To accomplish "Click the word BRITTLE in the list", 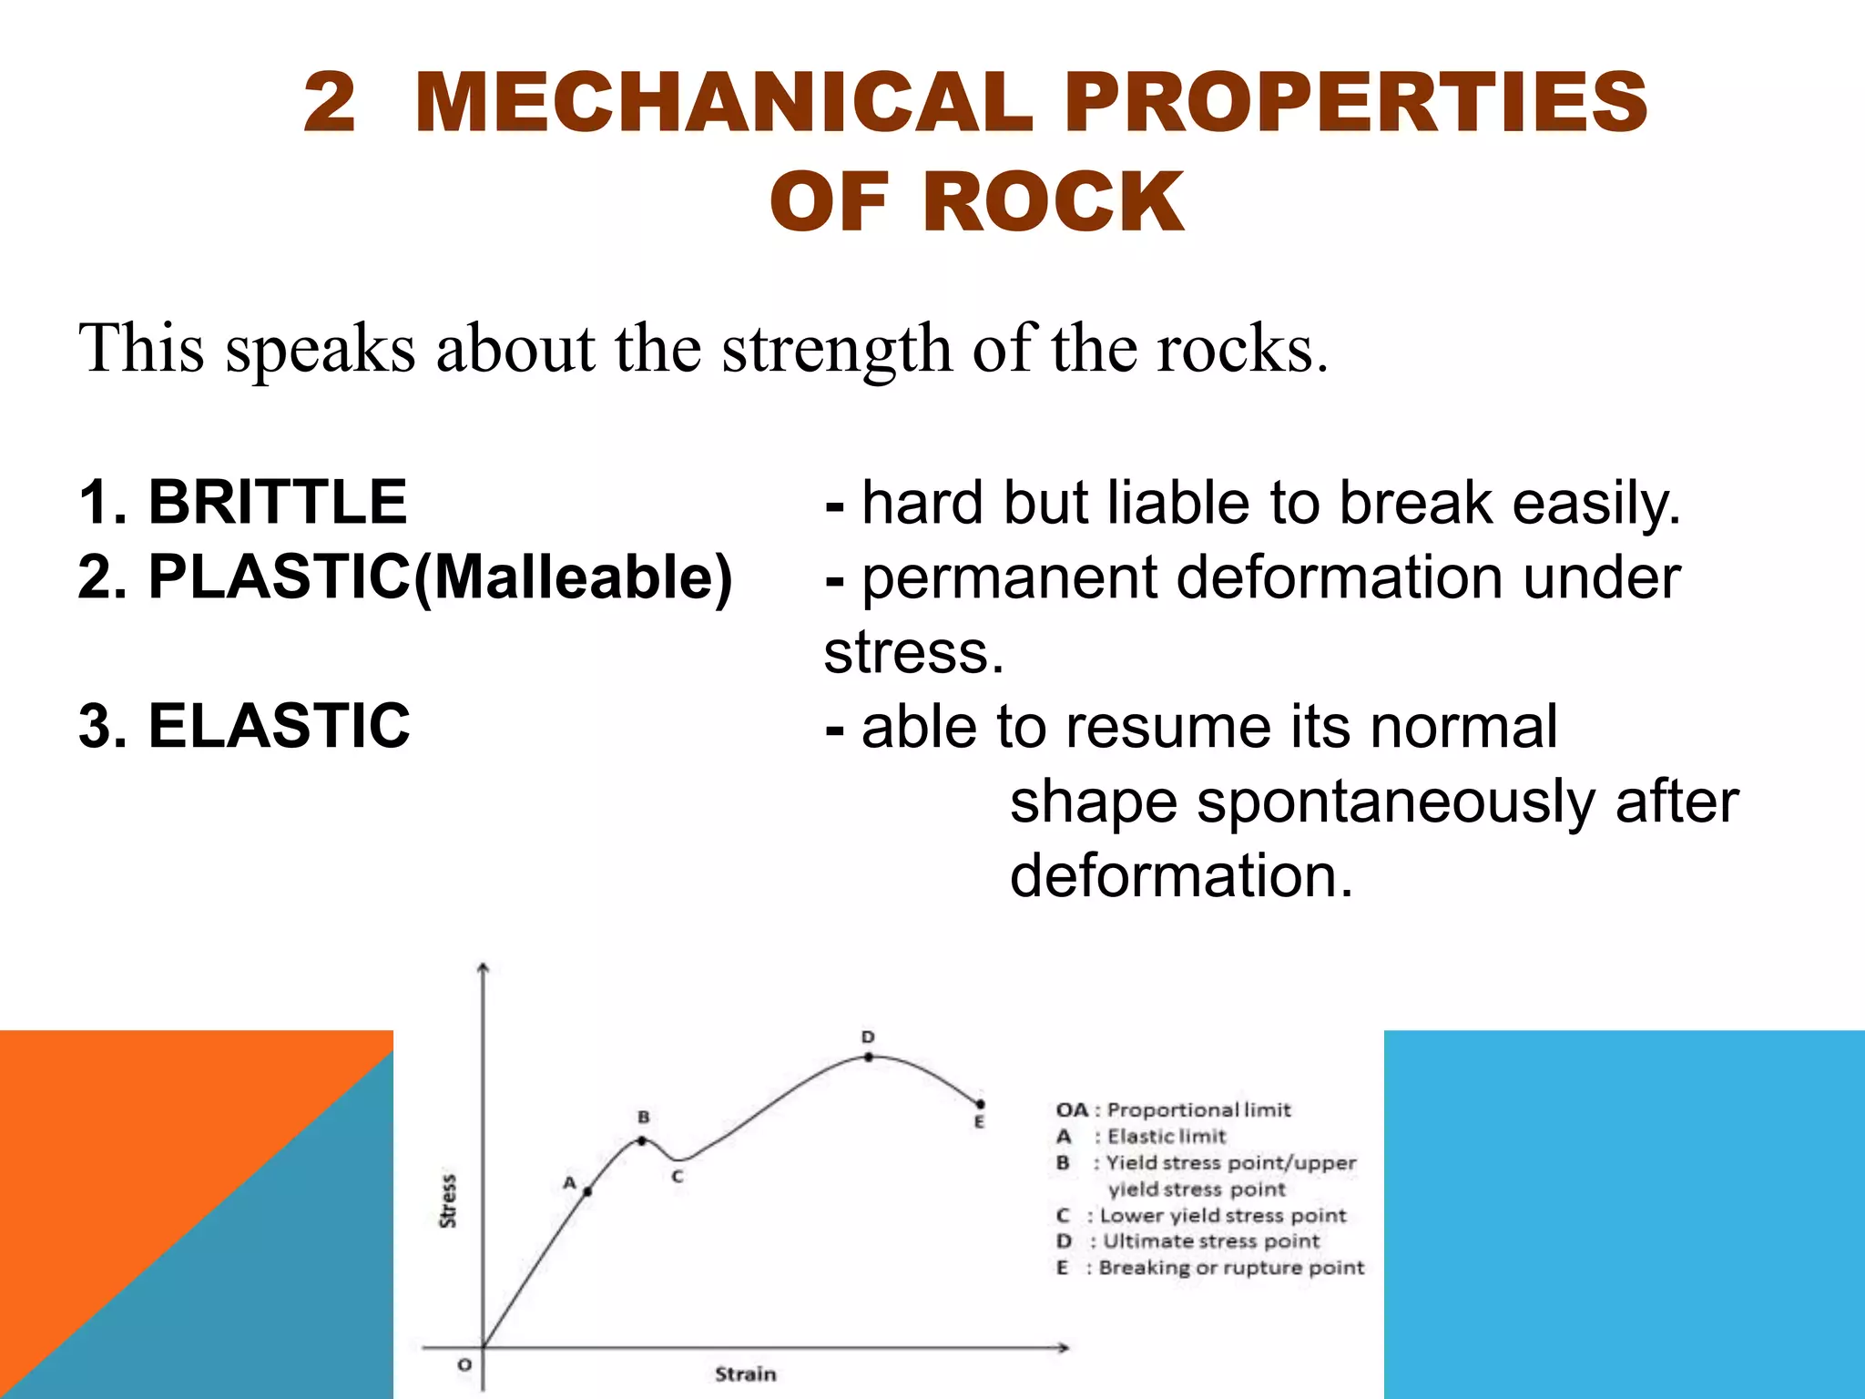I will click(277, 502).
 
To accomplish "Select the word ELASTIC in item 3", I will click(279, 726).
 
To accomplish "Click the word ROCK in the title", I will click(1054, 202).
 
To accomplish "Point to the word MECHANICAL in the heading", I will click(724, 102).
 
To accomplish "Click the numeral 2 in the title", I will click(329, 102).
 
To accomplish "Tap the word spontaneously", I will click(1395, 802).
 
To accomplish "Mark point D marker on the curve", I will click(869, 1057).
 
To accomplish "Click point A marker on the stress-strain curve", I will click(587, 1191).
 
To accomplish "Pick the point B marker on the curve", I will click(643, 1140).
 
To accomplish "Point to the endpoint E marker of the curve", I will click(980, 1105).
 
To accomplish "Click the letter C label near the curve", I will click(678, 1177).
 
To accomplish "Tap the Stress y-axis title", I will click(448, 1200).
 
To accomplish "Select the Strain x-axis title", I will click(745, 1373).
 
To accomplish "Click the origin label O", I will click(464, 1364).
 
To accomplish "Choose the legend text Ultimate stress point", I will click(1211, 1241).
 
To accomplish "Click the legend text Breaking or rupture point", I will click(1231, 1268).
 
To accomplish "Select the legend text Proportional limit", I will click(1198, 1110).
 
